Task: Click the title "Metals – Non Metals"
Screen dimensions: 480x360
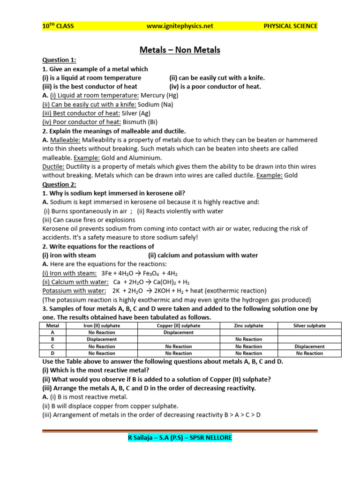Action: [x=180, y=50]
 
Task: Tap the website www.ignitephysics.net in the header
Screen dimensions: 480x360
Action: [x=180, y=26]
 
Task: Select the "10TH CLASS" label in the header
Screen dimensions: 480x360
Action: [x=58, y=26]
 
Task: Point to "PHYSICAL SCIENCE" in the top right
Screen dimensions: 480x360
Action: [x=290, y=26]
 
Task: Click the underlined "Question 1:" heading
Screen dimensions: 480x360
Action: [x=59, y=60]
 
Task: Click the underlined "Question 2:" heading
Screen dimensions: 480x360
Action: [x=59, y=184]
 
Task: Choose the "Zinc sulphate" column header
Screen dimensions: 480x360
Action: [x=248, y=325]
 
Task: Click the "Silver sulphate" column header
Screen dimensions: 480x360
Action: [x=309, y=325]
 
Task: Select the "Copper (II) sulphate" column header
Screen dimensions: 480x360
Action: [x=178, y=325]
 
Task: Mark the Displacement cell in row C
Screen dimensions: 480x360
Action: [x=309, y=346]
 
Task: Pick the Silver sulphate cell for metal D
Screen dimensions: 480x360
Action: [x=309, y=353]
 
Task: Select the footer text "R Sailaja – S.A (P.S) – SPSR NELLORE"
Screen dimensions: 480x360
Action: [x=180, y=438]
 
